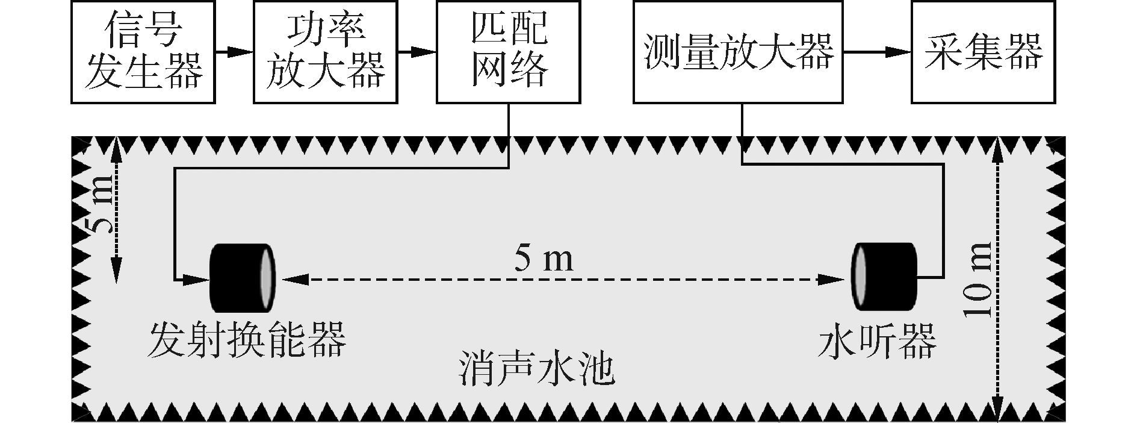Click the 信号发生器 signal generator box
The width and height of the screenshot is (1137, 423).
pyautogui.click(x=143, y=52)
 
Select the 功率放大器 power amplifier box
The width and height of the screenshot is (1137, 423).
pyautogui.click(x=325, y=52)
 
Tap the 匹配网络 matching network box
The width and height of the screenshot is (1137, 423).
pyautogui.click(x=509, y=52)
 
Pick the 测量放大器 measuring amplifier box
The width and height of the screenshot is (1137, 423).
pyautogui.click(x=738, y=52)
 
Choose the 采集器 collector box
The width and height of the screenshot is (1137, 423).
pyautogui.click(x=983, y=52)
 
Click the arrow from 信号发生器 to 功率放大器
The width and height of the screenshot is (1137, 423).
pyautogui.click(x=234, y=52)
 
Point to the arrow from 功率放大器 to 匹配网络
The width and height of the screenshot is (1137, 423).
pyautogui.click(x=417, y=52)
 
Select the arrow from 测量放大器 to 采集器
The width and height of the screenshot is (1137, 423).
pyautogui.click(x=876, y=52)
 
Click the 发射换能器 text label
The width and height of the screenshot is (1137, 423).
pyautogui.click(x=247, y=339)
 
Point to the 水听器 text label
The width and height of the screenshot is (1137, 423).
pyautogui.click(x=877, y=340)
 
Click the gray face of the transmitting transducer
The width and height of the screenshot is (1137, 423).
pyautogui.click(x=267, y=279)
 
